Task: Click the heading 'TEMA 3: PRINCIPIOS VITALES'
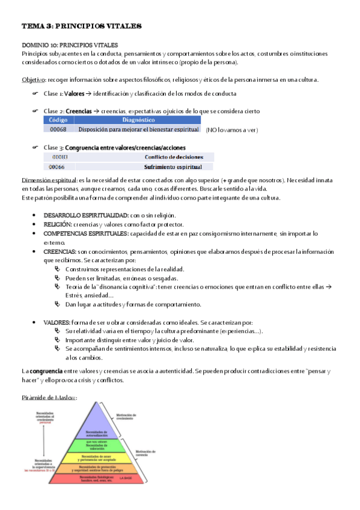[x=81, y=26]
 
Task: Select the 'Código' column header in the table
[x=58, y=120]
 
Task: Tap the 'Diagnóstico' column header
[x=138, y=120]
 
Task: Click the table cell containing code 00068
[x=58, y=129]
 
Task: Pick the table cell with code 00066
[x=57, y=167]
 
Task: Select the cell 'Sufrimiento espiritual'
[x=173, y=167]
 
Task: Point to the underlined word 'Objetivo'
[x=34, y=80]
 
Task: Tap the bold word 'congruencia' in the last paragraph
[x=46, y=372]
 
